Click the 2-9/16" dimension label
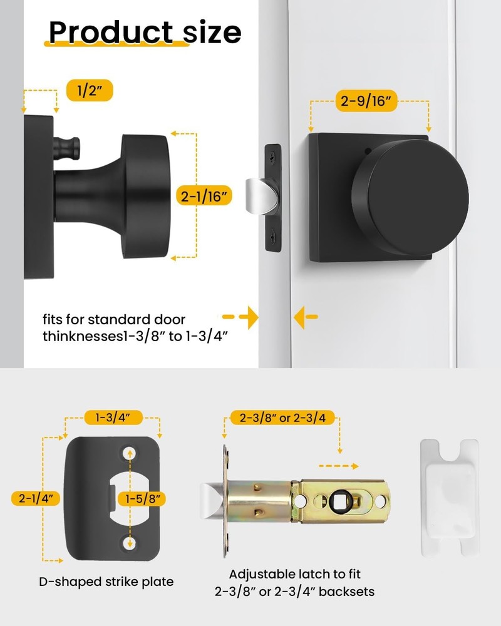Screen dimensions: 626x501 pos(368,100)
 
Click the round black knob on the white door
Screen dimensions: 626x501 pos(410,188)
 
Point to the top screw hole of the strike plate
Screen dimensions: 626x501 pos(130,451)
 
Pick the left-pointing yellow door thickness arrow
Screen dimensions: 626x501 pos(306,317)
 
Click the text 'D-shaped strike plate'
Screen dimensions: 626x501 pos(106,582)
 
